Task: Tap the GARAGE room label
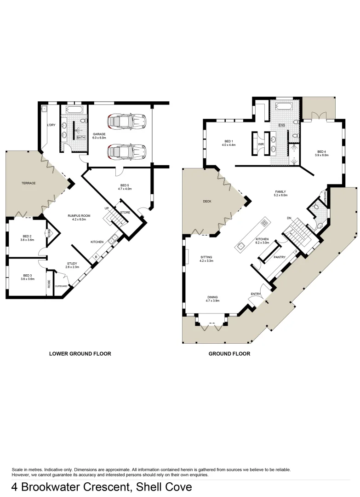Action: (x=99, y=134)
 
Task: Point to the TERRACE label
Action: (x=29, y=183)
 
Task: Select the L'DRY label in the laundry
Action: (x=51, y=125)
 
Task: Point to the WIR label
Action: (x=261, y=144)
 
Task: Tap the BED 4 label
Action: (x=322, y=152)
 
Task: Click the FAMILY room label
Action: (x=280, y=192)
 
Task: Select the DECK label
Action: (x=207, y=201)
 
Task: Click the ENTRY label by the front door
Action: (x=255, y=294)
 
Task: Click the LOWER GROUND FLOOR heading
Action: (x=80, y=354)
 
